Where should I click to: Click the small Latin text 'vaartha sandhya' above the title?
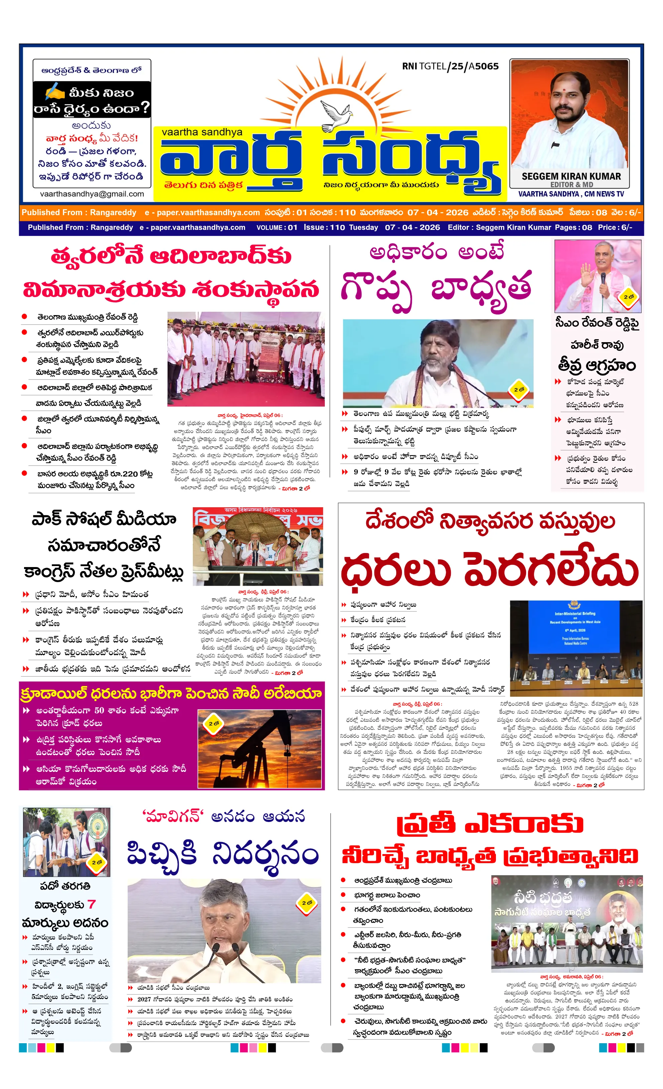pyautogui.click(x=202, y=132)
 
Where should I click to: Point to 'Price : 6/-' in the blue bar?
pyautogui.click(x=615, y=227)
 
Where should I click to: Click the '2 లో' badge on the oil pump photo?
pyautogui.click(x=214, y=723)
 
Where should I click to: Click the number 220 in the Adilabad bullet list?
pyautogui.click(x=130, y=474)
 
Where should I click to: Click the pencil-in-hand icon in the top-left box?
pyautogui.click(x=54, y=92)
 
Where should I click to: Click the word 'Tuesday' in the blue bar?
pyautogui.click(x=363, y=227)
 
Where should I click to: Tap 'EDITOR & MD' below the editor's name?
pyautogui.click(x=571, y=184)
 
